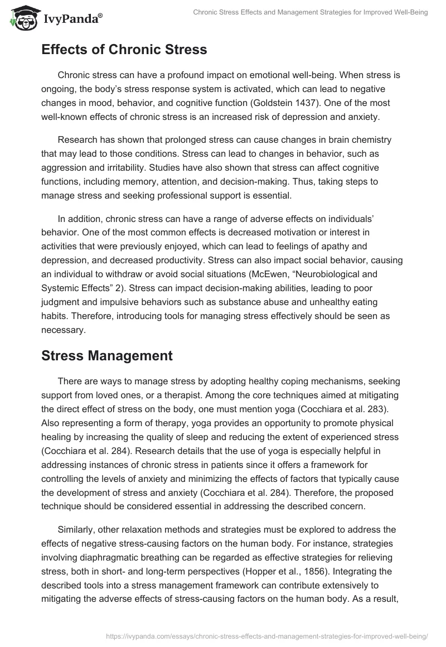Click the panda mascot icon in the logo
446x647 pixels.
tap(22, 18)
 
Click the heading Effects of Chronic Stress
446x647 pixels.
tap(124, 50)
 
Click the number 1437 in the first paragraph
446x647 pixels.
tap(347, 103)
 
